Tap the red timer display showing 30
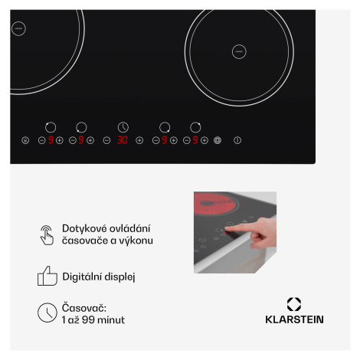click(x=123, y=140)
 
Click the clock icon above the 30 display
click(x=123, y=127)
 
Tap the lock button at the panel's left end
click(x=25, y=140)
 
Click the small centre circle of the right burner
click(x=239, y=51)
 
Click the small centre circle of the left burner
click(x=18, y=28)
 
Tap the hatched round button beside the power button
click(x=218, y=140)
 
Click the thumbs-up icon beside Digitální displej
click(x=47, y=276)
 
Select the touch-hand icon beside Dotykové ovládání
click(x=47, y=235)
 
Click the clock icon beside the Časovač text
click(x=47, y=313)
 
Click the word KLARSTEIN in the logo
click(x=294, y=319)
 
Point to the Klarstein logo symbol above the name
click(x=294, y=304)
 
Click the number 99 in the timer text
click(x=88, y=320)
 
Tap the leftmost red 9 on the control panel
click(x=51, y=140)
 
